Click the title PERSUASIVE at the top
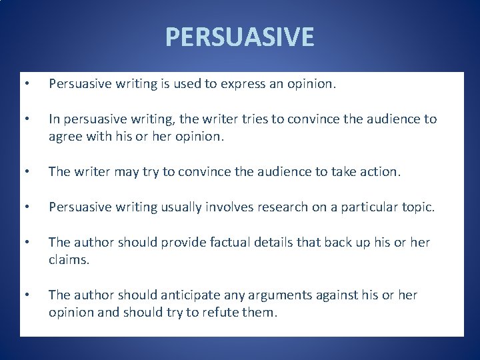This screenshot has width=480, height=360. (239, 37)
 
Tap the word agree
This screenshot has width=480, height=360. (65, 136)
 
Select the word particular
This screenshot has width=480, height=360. (375, 207)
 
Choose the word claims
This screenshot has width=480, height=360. (69, 259)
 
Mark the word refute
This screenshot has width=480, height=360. (223, 311)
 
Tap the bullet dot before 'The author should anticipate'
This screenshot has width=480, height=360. (26, 295)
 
